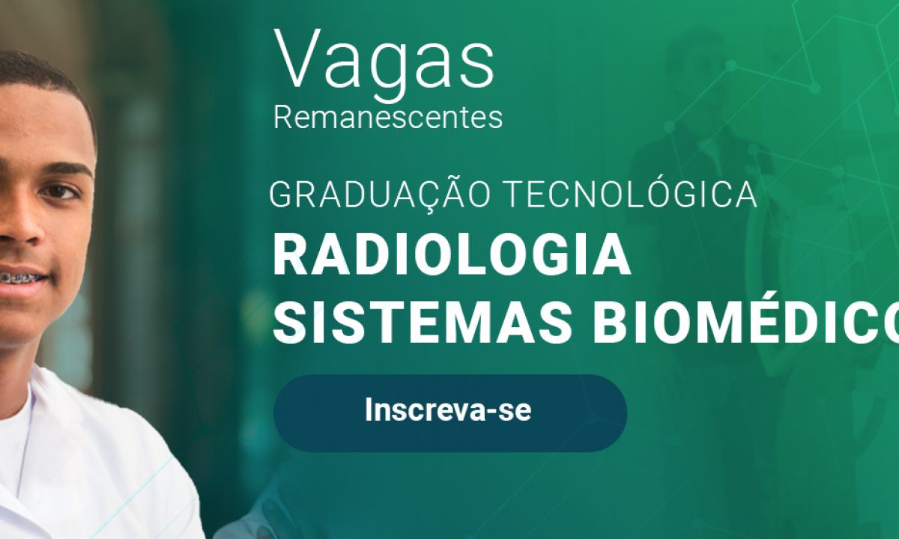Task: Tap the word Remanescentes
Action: (388, 118)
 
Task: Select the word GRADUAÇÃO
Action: (380, 195)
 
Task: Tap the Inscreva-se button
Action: (450, 413)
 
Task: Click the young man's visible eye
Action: (59, 192)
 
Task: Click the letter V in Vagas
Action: (298, 58)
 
